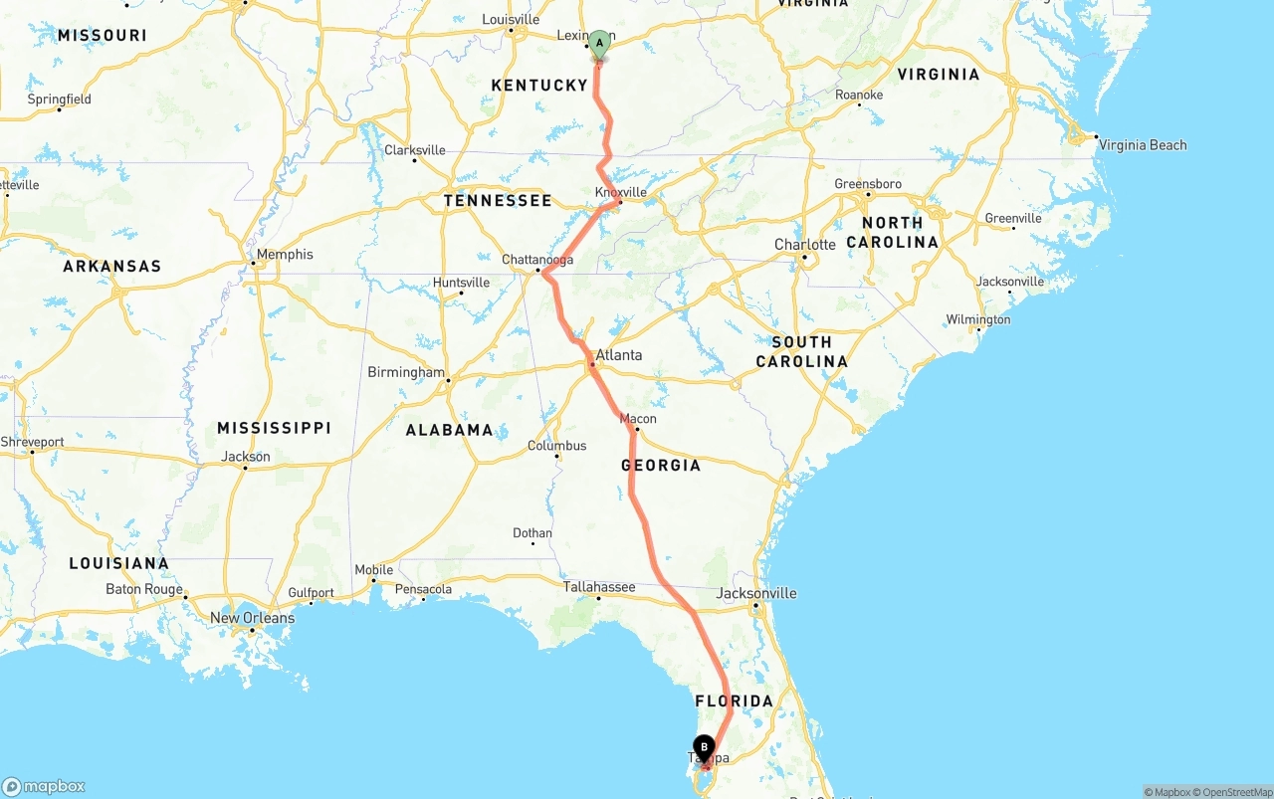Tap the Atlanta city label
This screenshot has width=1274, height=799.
point(618,355)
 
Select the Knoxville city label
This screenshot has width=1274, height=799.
point(621,192)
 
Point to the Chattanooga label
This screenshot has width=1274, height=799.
point(537,260)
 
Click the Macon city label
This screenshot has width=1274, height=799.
point(638,419)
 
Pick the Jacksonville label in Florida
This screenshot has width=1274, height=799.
point(756,593)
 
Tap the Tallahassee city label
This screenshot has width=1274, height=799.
point(599,587)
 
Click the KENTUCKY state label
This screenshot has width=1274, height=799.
point(539,86)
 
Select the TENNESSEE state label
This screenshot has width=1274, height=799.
point(498,201)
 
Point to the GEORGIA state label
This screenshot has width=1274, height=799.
point(661,465)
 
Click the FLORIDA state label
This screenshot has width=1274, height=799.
point(734,701)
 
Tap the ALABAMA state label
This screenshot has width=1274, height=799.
point(449,430)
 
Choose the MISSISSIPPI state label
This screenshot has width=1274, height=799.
point(274,428)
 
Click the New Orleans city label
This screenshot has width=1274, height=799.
point(252,618)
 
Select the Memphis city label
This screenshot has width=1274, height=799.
point(285,255)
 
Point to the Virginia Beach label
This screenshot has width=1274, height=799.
point(1143,145)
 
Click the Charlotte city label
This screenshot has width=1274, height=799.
point(805,245)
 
